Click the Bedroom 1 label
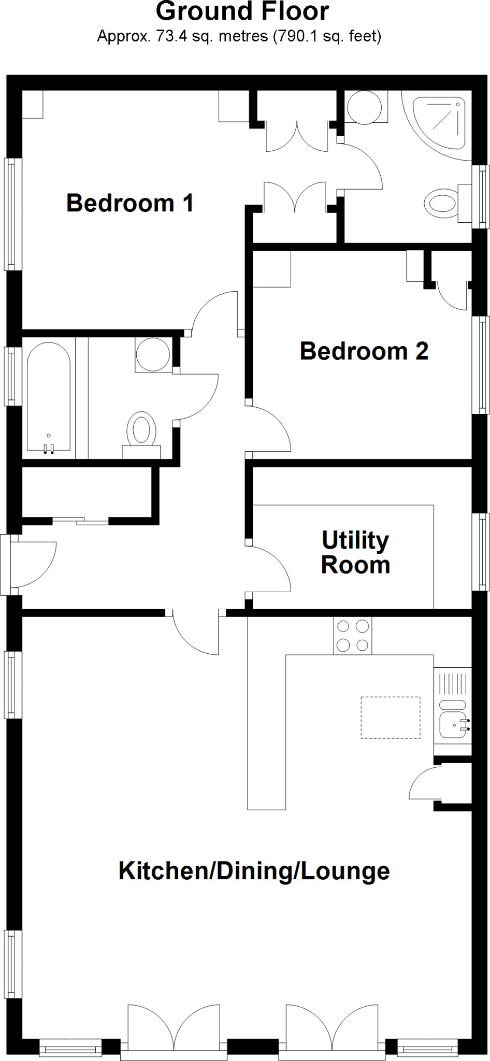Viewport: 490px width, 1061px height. (x=129, y=203)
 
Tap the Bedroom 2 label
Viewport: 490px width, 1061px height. (x=364, y=351)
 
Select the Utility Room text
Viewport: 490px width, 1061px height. (x=355, y=552)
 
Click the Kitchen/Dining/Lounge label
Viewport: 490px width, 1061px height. (x=254, y=870)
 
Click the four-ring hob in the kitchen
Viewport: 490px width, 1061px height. (x=353, y=636)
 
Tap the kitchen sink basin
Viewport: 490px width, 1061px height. (x=452, y=724)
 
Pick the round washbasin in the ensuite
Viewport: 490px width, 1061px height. (x=364, y=108)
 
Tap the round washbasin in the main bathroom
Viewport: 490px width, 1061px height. (x=153, y=354)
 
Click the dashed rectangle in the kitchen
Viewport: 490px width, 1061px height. (x=390, y=718)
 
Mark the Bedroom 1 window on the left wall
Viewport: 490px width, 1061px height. (x=13, y=214)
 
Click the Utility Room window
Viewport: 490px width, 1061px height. (x=480, y=551)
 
